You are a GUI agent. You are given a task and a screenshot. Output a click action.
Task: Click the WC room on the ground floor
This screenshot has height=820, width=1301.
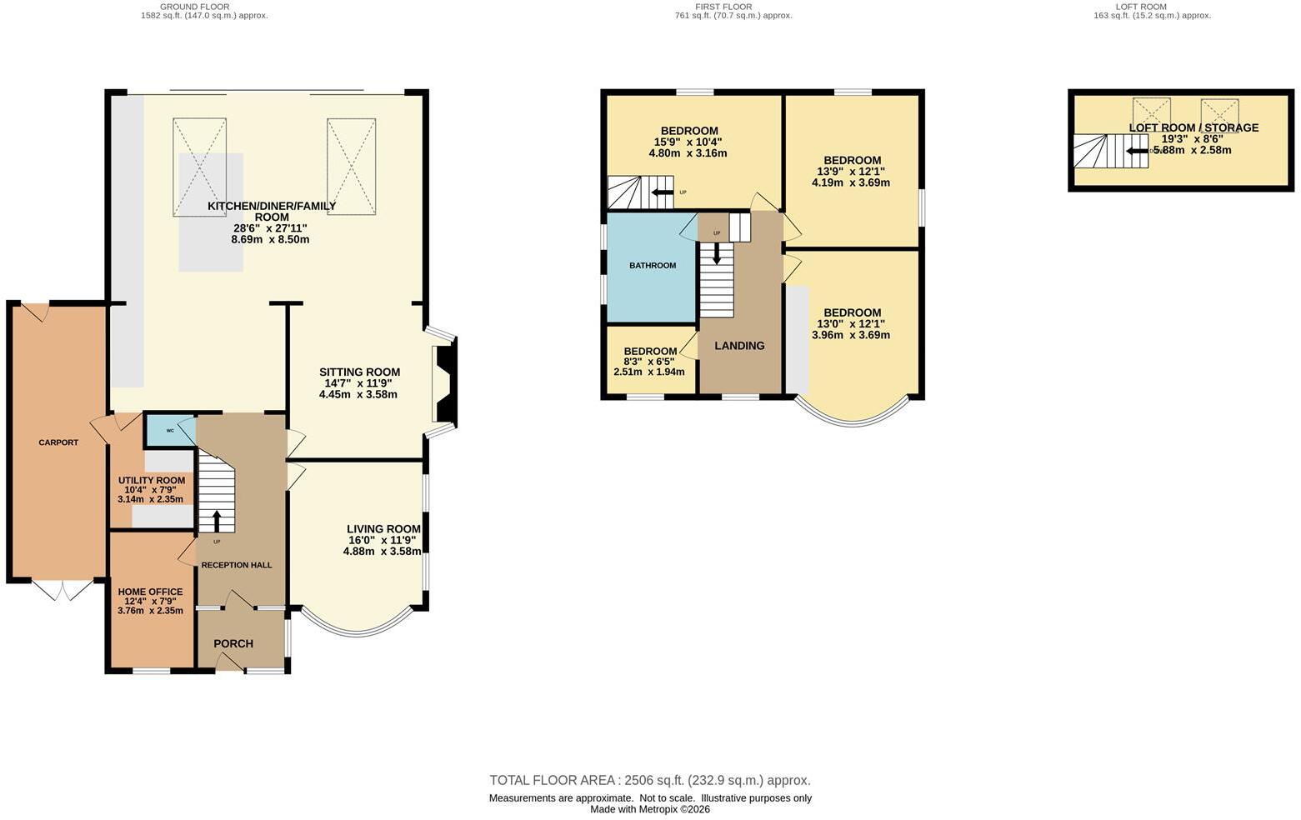tap(169, 430)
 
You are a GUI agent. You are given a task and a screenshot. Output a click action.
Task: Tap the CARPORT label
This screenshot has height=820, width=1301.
tap(58, 442)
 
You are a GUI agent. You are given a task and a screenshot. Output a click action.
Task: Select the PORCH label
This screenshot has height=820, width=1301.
tap(233, 643)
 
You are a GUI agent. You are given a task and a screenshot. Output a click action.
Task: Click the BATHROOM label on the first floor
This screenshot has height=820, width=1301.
tap(653, 265)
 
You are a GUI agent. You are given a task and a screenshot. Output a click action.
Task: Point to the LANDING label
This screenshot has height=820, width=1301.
tap(739, 346)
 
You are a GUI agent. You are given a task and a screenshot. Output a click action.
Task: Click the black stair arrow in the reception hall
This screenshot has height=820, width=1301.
tap(217, 522)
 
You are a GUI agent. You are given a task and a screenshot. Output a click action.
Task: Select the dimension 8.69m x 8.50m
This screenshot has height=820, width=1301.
tap(270, 239)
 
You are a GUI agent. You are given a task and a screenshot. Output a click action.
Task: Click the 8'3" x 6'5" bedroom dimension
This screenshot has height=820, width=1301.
tap(648, 362)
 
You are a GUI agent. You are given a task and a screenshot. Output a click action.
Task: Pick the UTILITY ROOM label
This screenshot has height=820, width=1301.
tap(152, 480)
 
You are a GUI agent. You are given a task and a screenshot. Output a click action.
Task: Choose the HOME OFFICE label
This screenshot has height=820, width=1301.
tap(150, 592)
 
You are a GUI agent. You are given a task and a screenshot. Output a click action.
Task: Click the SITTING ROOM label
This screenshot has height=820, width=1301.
tap(359, 372)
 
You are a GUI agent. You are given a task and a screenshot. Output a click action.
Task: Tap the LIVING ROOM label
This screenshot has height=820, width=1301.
tap(383, 529)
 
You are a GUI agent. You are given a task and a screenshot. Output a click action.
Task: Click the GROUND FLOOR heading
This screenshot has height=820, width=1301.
tap(194, 7)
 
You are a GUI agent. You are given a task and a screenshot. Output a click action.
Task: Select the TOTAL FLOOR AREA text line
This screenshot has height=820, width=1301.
tap(650, 780)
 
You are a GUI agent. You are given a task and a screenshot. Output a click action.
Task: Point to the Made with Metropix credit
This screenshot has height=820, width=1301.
tap(650, 809)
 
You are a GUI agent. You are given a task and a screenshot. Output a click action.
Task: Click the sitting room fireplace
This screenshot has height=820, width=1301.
tap(446, 383)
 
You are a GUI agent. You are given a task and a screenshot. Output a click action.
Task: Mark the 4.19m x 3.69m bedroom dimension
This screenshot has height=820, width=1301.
tap(851, 182)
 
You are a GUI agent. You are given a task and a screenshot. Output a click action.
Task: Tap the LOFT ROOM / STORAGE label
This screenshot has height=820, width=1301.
tap(1193, 127)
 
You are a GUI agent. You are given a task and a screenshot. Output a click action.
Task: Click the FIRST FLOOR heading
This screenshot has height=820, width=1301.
tap(723, 7)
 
